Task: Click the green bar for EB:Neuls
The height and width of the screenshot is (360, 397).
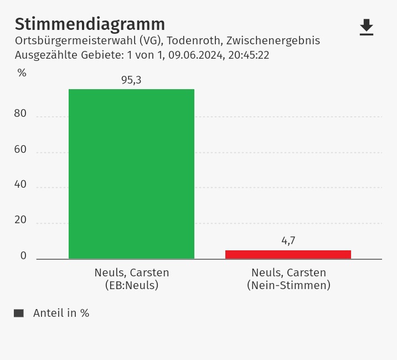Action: (x=131, y=174)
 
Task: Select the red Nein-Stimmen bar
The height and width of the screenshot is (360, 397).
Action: (x=288, y=254)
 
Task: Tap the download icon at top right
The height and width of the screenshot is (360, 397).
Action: (x=367, y=27)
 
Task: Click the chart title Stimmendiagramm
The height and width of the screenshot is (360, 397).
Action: (x=90, y=24)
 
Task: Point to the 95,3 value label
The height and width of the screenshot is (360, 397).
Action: (x=131, y=80)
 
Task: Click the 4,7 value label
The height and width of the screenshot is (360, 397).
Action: (x=288, y=241)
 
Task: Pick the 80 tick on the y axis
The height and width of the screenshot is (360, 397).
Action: (x=20, y=114)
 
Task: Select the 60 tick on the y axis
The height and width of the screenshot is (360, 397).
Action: (x=20, y=149)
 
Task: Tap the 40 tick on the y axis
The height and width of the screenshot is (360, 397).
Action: (x=20, y=184)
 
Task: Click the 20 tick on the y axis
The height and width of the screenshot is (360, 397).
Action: (x=20, y=220)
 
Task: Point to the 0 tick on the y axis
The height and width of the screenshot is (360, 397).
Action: (x=23, y=255)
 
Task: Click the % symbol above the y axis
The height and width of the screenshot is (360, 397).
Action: (x=22, y=73)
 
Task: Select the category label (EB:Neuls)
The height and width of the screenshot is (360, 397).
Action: (x=132, y=286)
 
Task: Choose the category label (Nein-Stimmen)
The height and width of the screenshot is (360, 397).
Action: (x=288, y=286)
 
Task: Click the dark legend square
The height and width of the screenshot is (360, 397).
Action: (x=19, y=313)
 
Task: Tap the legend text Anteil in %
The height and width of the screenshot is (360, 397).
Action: (x=61, y=313)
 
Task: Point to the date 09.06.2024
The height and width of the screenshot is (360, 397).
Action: (x=194, y=55)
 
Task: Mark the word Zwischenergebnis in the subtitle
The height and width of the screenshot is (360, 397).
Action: (x=273, y=41)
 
